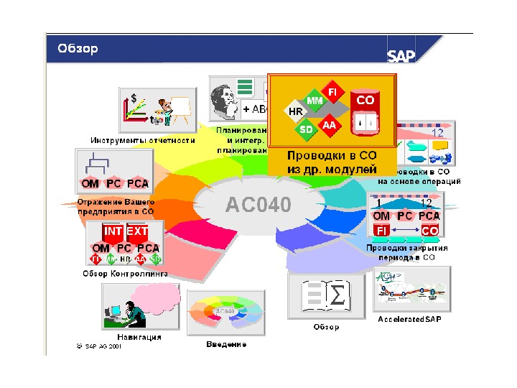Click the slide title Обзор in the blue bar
click(78, 49)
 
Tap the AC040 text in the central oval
click(258, 205)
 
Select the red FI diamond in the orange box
click(332, 93)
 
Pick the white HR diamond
click(295, 112)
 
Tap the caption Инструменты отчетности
click(143, 141)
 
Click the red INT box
click(113, 231)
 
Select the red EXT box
click(137, 231)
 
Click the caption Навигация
click(139, 336)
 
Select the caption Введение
click(226, 344)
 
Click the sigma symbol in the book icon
click(337, 295)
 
